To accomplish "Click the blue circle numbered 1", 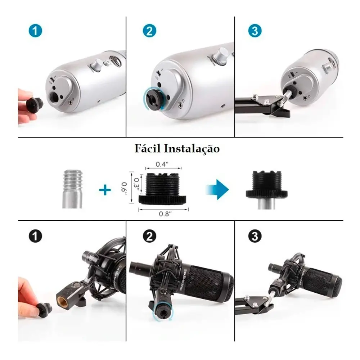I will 35,31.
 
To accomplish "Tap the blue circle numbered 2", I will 149,31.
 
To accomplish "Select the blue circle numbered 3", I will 255,31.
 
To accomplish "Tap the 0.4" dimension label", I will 162,164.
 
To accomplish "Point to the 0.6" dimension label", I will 123,188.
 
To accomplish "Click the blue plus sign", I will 105,190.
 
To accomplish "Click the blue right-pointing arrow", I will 217,189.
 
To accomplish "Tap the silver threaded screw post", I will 72,188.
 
